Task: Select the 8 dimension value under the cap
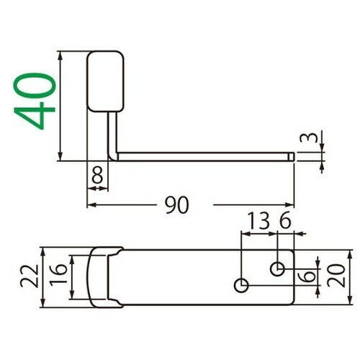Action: [98, 174]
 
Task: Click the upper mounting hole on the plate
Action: [277, 269]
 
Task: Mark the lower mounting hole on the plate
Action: [242, 286]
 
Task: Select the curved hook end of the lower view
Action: [101, 277]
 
